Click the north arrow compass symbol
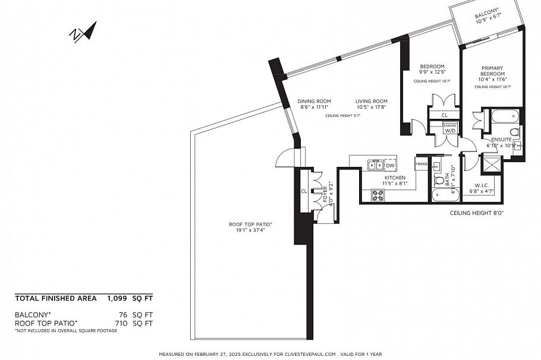(x=83, y=32)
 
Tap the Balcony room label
(x=487, y=15)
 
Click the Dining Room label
(x=314, y=101)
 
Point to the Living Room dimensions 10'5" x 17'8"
(x=372, y=108)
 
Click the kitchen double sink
(x=375, y=165)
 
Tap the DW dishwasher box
(x=391, y=165)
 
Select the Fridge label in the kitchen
(x=422, y=164)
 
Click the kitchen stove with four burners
(x=378, y=195)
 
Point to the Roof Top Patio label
(x=250, y=224)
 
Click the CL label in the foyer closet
(x=303, y=191)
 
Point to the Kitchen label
(x=394, y=178)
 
